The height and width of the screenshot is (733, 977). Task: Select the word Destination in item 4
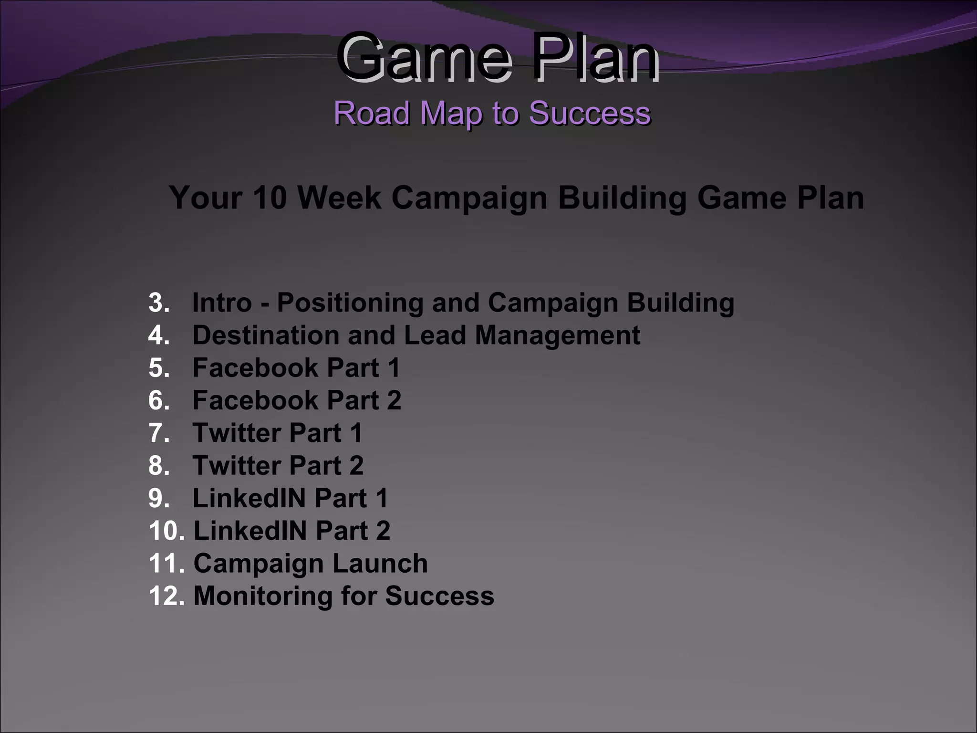click(266, 335)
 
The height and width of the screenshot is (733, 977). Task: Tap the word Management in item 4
click(557, 335)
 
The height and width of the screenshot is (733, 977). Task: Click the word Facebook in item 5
click(255, 368)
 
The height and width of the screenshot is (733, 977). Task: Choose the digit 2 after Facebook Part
click(394, 400)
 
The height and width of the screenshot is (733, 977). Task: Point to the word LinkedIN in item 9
click(249, 498)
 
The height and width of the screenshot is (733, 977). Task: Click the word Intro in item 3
click(222, 303)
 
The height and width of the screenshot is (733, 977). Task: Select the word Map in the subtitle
click(451, 113)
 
